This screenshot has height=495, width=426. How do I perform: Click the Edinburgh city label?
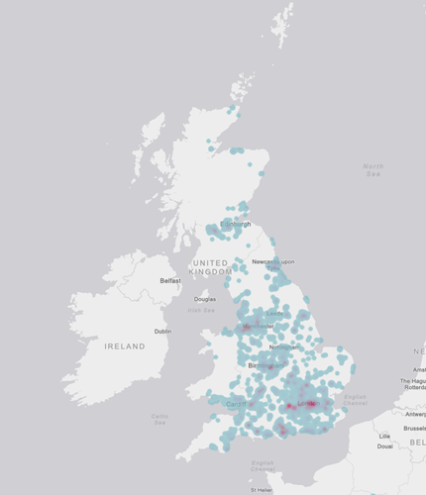(x=235, y=224)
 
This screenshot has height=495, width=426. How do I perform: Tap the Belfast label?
(x=171, y=281)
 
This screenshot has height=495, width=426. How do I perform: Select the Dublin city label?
(x=162, y=331)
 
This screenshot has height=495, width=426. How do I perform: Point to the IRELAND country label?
(x=125, y=346)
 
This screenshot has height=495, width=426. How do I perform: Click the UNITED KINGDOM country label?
(x=210, y=266)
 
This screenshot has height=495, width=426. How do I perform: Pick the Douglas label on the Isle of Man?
(x=205, y=299)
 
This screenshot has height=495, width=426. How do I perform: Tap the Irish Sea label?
(x=201, y=310)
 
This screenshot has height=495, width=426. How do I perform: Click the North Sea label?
(x=373, y=169)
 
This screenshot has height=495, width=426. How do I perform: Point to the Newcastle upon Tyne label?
(x=272, y=263)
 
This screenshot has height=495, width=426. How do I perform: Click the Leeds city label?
(x=274, y=314)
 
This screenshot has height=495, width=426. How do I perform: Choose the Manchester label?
(x=258, y=326)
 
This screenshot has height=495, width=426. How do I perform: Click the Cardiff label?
(x=234, y=404)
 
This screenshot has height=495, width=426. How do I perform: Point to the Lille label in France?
(x=385, y=436)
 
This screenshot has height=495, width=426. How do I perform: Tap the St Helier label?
(x=262, y=489)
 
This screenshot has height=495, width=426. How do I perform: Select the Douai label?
(x=385, y=446)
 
